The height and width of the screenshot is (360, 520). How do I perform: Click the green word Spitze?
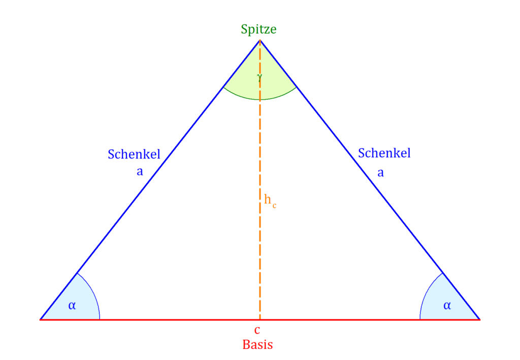tap(258, 29)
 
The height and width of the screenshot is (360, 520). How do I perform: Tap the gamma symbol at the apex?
tap(259, 78)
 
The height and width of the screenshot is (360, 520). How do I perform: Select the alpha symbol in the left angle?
tap(72, 305)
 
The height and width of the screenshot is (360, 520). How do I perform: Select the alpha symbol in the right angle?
tap(447, 305)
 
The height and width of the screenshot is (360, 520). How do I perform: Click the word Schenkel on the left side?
tap(134, 154)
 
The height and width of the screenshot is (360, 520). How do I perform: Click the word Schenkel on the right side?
tap(384, 153)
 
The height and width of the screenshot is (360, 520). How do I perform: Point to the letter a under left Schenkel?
tap(140, 172)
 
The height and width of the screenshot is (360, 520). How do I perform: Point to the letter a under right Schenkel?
tap(381, 173)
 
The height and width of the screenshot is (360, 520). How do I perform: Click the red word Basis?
tap(257, 345)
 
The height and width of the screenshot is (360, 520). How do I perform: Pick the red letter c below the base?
tap(257, 330)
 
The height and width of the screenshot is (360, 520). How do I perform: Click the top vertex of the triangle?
tap(260, 40)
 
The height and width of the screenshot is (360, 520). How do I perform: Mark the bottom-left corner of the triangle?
tap(40, 319)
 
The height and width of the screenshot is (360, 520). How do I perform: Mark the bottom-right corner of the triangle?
tap(480, 319)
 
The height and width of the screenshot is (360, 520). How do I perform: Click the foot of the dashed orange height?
tap(260, 319)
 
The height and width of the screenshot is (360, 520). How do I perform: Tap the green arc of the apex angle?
tap(260, 100)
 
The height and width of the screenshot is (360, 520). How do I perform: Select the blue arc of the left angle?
tap(93, 292)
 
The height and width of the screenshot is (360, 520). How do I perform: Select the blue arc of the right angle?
tap(427, 292)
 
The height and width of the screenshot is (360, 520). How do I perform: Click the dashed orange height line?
tap(260, 180)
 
